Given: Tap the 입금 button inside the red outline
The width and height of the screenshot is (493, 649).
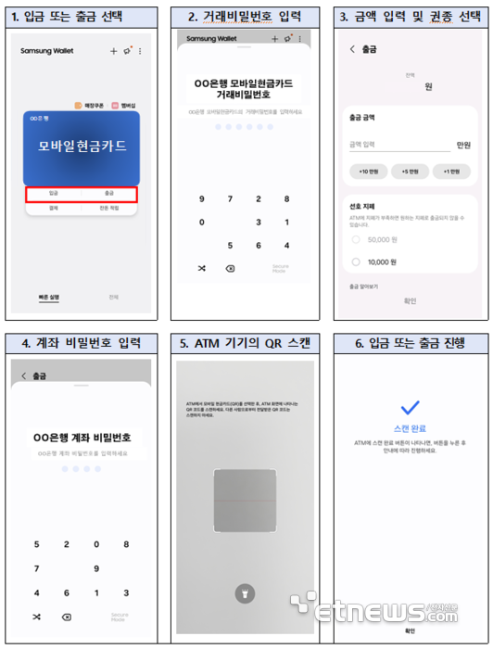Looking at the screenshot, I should coord(53,195).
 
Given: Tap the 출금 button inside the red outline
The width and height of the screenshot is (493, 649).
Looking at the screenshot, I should coord(109,195).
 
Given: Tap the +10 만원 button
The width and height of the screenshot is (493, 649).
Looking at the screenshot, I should coord(370,172).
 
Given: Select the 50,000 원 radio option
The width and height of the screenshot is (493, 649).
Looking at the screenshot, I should coord(355,238).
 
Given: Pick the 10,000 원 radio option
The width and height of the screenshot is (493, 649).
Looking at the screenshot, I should coord(355,262).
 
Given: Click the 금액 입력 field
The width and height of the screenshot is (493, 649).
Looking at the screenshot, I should coord(398,145).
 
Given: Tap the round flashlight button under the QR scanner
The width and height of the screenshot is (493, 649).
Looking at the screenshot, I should coord(245,594).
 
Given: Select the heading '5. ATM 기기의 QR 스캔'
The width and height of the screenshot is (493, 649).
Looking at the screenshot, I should coord(245,343).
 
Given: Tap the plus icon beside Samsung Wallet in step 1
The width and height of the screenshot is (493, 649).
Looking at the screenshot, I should coord(114,51).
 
